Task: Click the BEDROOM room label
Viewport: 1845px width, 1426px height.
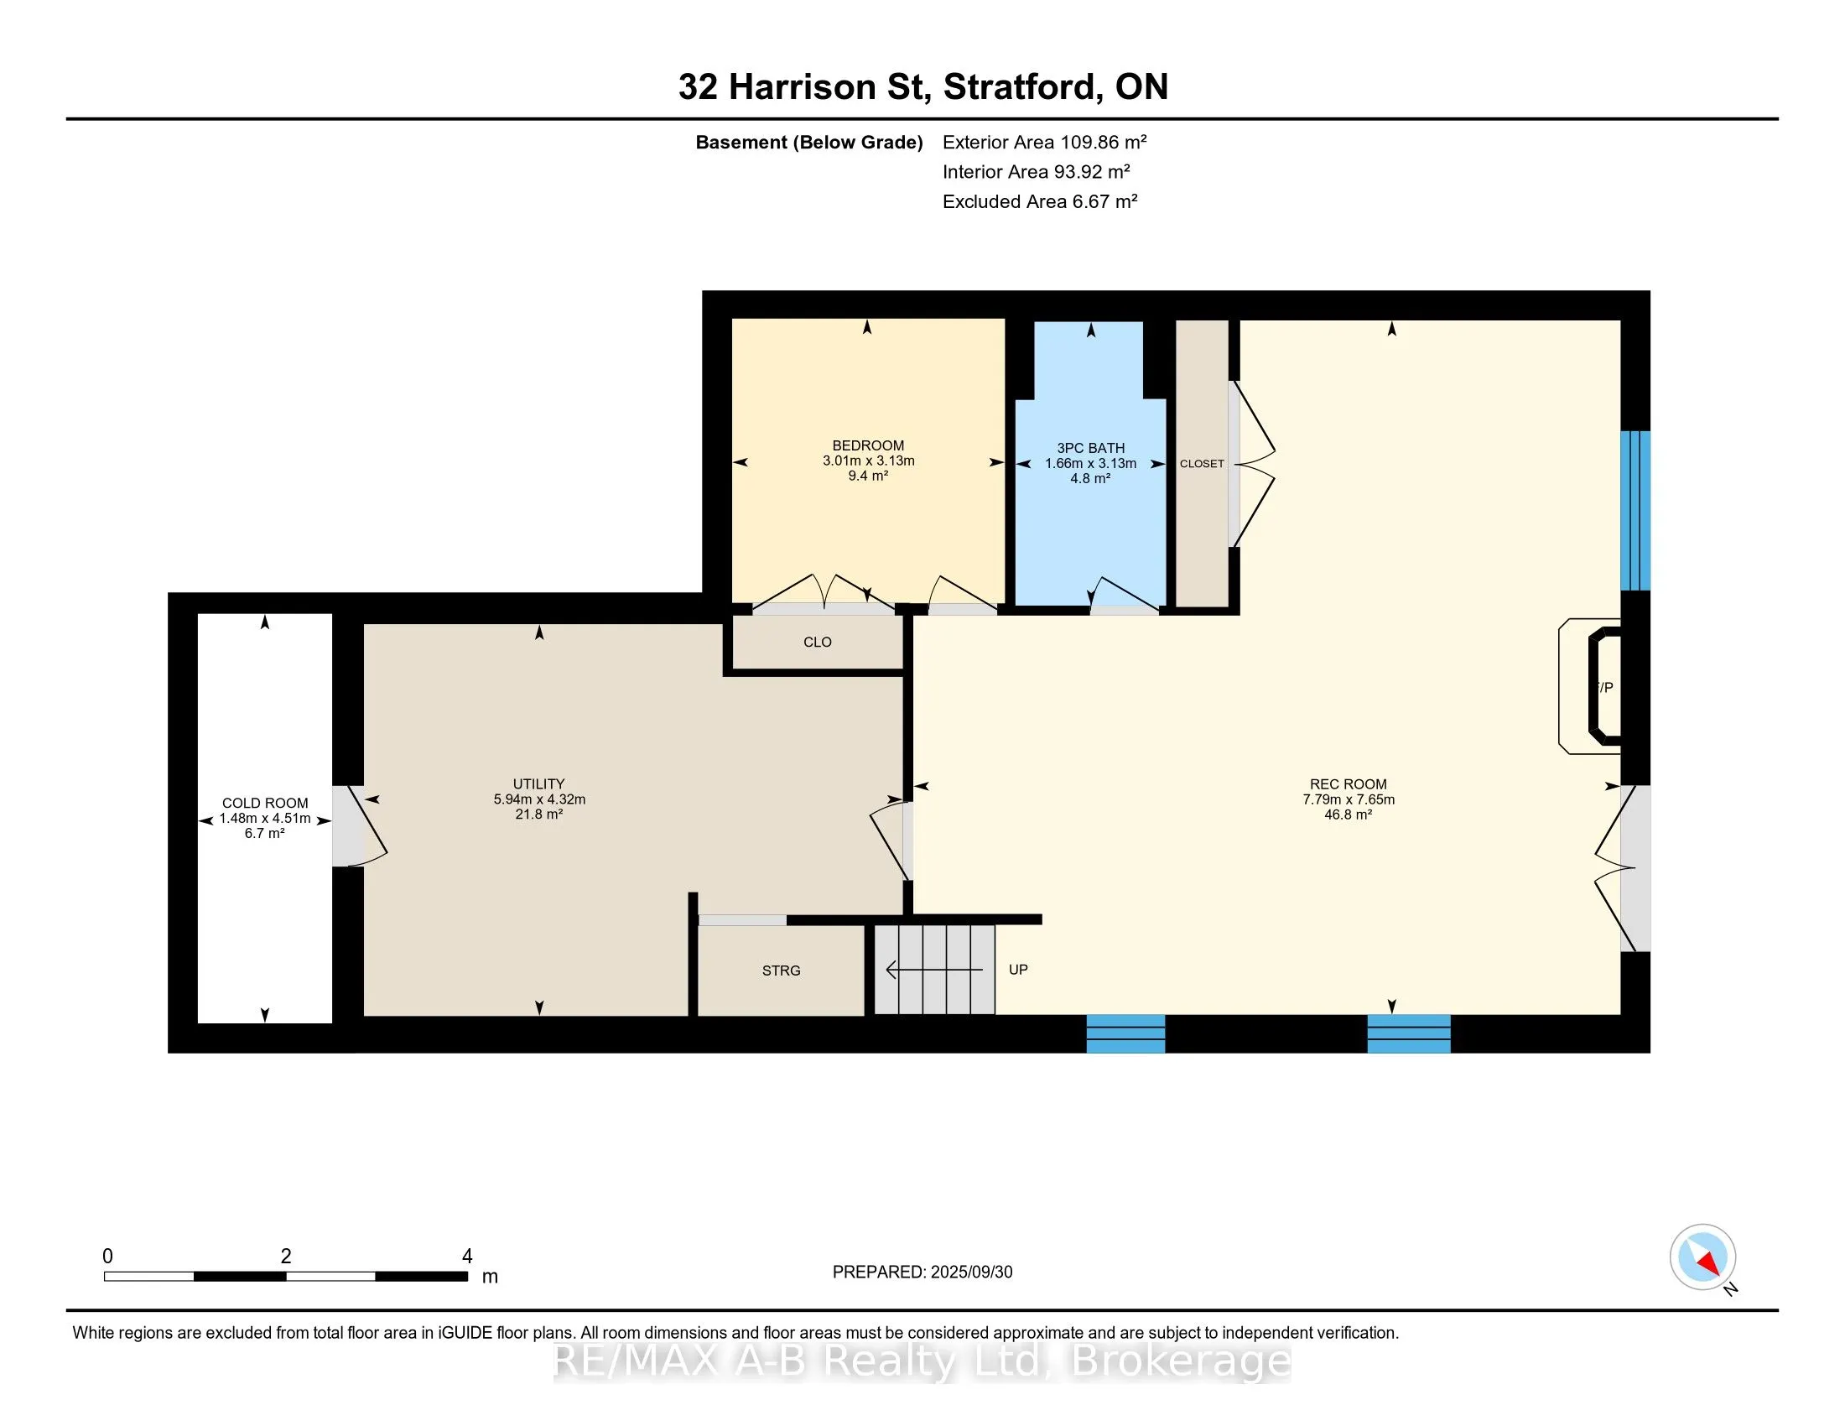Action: [x=869, y=445]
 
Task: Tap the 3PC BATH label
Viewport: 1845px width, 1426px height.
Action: [x=1090, y=448]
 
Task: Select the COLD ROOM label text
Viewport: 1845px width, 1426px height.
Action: [x=265, y=803]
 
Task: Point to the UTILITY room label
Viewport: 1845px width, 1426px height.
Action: [x=539, y=783]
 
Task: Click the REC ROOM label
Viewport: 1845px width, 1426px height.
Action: [x=1349, y=783]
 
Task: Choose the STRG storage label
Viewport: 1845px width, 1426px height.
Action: [x=782, y=971]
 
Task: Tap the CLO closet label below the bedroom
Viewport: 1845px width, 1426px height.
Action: [x=818, y=642]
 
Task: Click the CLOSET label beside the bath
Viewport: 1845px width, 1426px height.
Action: [x=1202, y=464]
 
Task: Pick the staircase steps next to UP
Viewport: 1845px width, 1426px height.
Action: [x=934, y=969]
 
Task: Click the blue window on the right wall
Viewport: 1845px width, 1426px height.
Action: [x=1635, y=510]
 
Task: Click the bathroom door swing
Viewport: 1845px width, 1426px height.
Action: [x=1125, y=594]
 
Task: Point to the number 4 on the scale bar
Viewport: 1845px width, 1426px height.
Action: [x=467, y=1257]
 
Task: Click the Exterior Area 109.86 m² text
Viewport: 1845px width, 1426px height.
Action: [x=1045, y=142]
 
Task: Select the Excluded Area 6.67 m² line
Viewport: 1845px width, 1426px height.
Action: [x=1040, y=201]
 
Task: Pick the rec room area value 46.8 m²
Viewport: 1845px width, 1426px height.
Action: [x=1349, y=814]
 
